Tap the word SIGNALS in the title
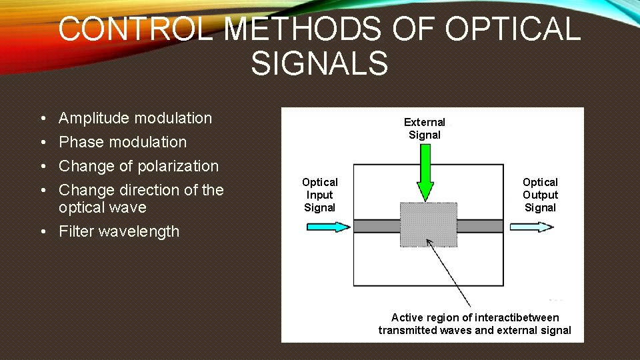(319, 64)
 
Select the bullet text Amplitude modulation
(135, 118)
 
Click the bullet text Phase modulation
(123, 142)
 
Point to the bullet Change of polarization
(139, 166)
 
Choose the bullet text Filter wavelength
(119, 231)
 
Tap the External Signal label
(425, 129)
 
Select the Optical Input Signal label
(320, 195)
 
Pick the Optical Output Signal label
(540, 195)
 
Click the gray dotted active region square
(428, 225)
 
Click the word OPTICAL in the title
(511, 30)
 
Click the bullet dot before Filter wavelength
(41, 232)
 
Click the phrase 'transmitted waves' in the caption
(421, 330)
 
